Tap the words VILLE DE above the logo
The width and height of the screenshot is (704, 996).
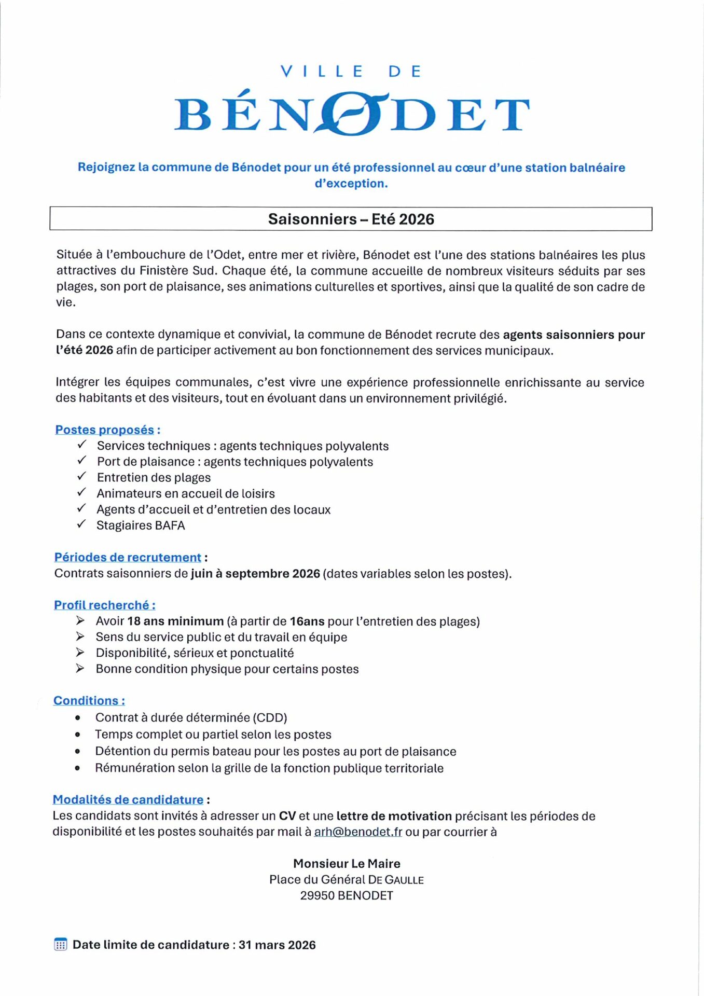[351, 71]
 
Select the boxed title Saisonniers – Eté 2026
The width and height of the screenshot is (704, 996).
[351, 219]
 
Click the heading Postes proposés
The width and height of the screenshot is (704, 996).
[105, 430]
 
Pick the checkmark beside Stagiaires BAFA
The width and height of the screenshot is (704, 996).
[81, 524]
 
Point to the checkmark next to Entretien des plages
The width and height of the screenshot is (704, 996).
[81, 477]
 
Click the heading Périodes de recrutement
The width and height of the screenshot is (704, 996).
[128, 557]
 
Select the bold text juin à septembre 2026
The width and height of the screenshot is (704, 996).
[255, 573]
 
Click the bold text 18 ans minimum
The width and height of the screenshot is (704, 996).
[175, 621]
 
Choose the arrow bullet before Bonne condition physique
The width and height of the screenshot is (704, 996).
[80, 668]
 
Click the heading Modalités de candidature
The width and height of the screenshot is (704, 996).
[128, 799]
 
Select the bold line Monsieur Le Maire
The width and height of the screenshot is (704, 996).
[347, 863]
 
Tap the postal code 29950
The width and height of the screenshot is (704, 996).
[317, 895]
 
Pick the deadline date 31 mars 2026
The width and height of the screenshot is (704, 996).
[277, 945]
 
